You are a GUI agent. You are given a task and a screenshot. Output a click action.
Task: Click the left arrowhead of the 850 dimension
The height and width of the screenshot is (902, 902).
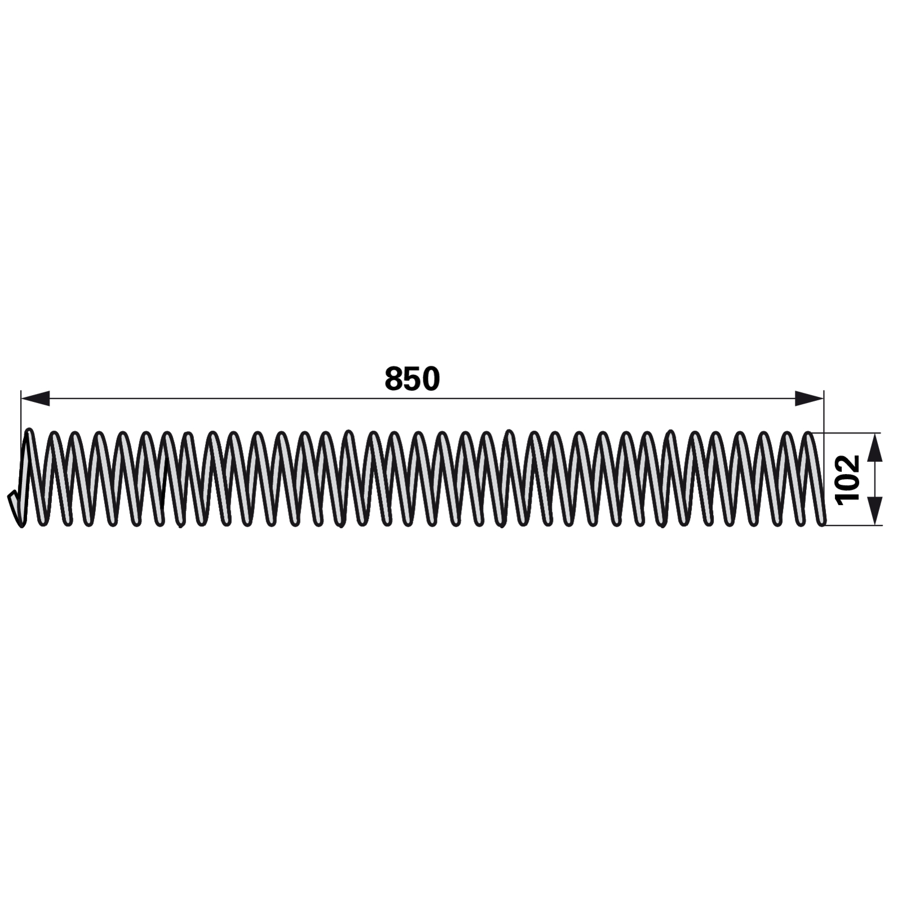click(x=35, y=399)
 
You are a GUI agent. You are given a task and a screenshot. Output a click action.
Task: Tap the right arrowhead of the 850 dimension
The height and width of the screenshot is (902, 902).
click(x=809, y=399)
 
